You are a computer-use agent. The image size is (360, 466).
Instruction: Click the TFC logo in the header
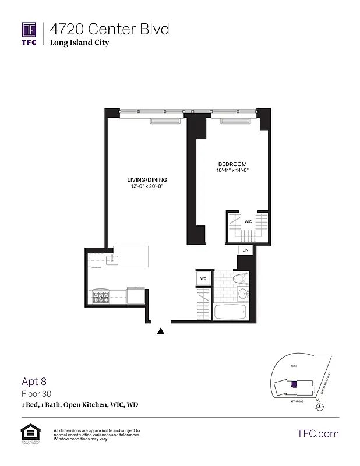pos(29,33)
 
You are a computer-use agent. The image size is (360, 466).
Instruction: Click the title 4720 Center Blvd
pos(109,29)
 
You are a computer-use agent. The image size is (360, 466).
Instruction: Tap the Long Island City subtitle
pos(79,43)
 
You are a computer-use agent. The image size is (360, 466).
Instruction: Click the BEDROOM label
pos(232,164)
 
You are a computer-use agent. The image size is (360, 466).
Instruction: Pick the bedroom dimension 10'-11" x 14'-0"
pos(232,171)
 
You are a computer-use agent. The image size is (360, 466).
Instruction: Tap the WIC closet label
pos(248,221)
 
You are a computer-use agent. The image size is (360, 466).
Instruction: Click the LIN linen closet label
pos(245,250)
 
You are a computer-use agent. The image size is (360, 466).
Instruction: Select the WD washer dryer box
pos(203,279)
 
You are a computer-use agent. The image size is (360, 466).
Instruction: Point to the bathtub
pos(232,311)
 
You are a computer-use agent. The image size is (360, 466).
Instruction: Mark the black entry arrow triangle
pos(161,331)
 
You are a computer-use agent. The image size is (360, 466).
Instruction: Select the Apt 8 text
pos(34,382)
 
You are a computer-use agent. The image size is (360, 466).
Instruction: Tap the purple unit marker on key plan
pos(294,384)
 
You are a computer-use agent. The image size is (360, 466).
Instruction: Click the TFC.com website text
pos(318,433)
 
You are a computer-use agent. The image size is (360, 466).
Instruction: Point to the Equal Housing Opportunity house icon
pos(29,432)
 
